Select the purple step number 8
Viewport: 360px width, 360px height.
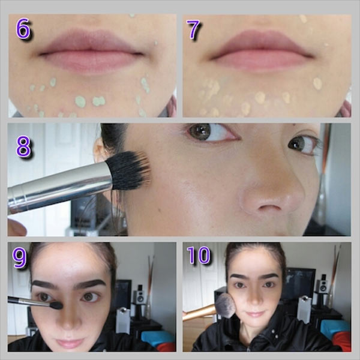click(x=23, y=146)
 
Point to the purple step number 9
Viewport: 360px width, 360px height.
click(x=20, y=257)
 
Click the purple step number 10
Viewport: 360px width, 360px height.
click(x=199, y=255)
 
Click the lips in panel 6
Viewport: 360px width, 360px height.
click(x=91, y=52)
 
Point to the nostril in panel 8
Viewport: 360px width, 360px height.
click(x=270, y=207)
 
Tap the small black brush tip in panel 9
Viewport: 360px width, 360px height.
click(x=56, y=305)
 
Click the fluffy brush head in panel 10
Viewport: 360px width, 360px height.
click(x=226, y=305)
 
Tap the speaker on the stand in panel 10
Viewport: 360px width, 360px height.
click(x=322, y=284)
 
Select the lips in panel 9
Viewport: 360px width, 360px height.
click(x=70, y=343)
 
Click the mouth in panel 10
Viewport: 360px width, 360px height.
click(x=255, y=314)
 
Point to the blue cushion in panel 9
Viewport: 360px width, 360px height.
click(x=157, y=337)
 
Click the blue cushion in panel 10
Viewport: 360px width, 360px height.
click(x=335, y=327)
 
